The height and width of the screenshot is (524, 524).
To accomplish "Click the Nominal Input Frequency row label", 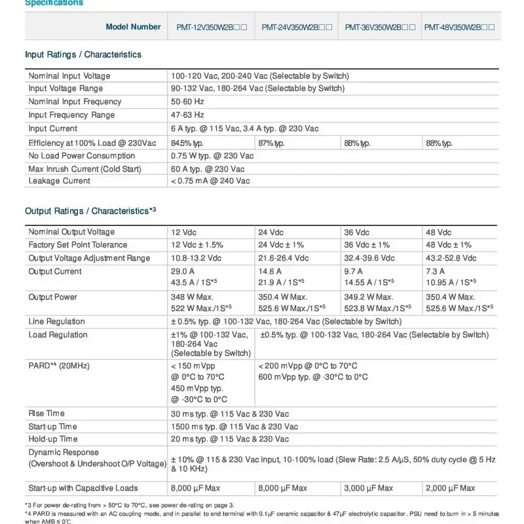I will (75, 102).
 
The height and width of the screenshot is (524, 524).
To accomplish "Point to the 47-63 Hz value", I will (188, 115).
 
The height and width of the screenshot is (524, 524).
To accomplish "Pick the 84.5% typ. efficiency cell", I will (187, 143).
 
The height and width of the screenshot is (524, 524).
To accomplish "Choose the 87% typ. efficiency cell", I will (271, 143).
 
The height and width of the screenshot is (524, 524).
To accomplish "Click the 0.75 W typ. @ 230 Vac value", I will (212, 156).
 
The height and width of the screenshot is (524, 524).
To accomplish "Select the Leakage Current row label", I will (60, 181).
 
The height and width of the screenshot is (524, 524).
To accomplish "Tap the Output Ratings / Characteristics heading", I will (90, 211).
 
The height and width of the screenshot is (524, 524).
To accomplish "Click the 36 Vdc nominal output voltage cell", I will (358, 232).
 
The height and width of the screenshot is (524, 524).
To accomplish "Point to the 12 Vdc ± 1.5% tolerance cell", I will (197, 245).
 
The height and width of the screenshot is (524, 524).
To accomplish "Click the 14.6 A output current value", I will (271, 271).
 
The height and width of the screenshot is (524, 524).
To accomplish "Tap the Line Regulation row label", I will (57, 322).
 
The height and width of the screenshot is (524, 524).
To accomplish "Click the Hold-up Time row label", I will (53, 439).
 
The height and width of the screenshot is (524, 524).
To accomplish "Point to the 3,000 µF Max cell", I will (369, 488).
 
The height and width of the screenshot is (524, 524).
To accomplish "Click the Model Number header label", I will (133, 27).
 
